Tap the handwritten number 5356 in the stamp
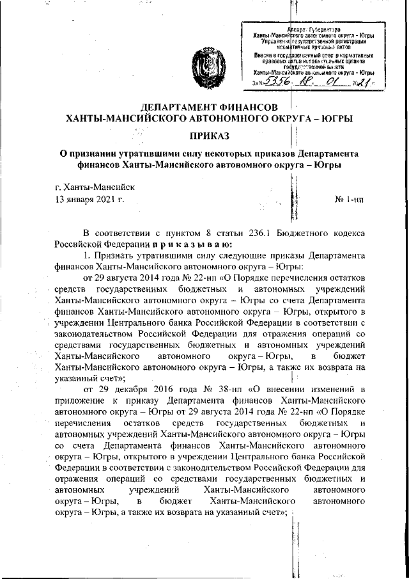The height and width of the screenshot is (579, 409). (279, 83)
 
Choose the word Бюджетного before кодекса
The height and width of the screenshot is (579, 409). (311, 232)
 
